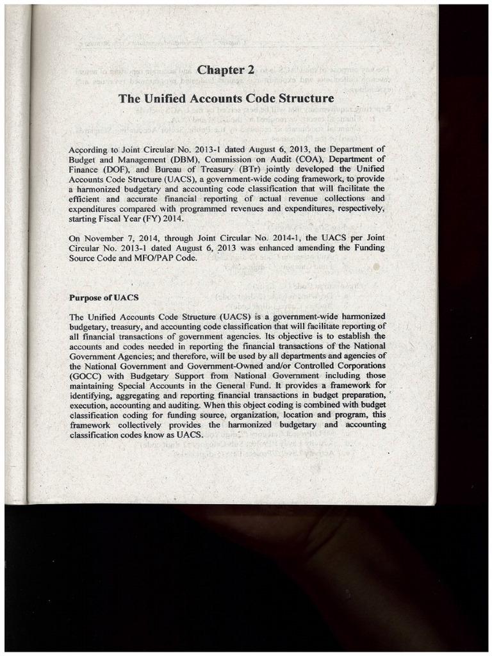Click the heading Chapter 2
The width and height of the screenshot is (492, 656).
pos(226,70)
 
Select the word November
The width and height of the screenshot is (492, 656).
pos(106,238)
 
